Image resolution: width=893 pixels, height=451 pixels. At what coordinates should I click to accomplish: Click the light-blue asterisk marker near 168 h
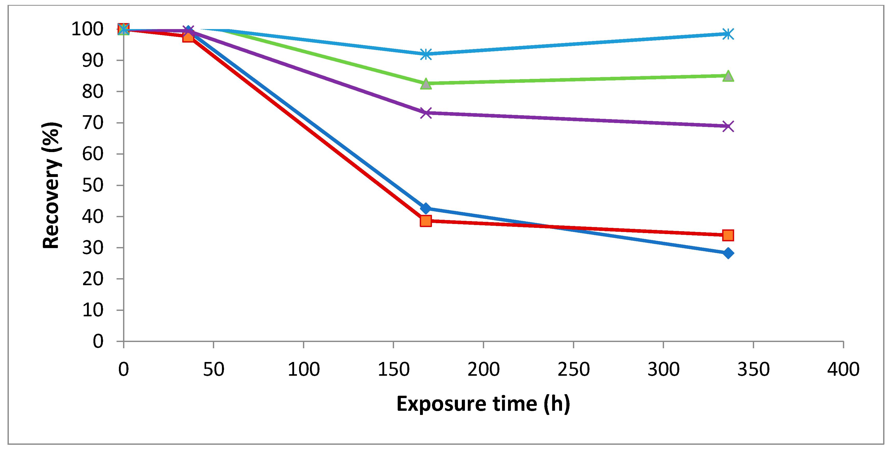(426, 54)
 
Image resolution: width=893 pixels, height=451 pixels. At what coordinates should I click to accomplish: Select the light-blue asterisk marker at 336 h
(728, 34)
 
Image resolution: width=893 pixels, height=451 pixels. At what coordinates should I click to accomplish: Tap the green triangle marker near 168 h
(426, 84)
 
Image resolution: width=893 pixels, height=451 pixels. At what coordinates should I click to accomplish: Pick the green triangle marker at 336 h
(728, 76)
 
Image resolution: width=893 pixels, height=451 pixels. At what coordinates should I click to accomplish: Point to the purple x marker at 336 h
(728, 126)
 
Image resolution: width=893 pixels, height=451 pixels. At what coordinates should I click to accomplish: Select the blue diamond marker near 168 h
(426, 208)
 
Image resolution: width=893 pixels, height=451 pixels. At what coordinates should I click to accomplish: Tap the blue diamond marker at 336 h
(728, 253)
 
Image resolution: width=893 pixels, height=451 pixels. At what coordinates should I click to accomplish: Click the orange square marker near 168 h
(426, 221)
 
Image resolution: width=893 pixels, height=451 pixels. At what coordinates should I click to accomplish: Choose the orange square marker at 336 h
(728, 235)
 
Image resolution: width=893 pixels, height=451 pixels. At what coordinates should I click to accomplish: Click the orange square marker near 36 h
(188, 36)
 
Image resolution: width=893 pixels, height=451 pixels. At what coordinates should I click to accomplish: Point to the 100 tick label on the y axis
(87, 29)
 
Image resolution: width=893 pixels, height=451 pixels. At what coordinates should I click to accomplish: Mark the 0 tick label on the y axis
(98, 341)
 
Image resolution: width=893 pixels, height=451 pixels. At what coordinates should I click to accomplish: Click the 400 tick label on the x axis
(843, 370)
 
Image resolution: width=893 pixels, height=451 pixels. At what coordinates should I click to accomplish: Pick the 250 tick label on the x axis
(573, 370)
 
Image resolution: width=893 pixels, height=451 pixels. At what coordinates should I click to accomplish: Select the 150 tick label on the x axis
(394, 370)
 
